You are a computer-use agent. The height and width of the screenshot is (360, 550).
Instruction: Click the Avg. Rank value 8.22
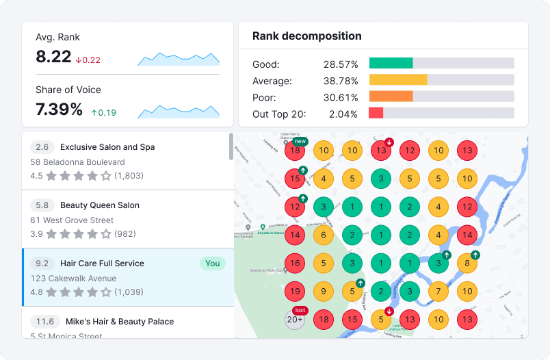[53, 57]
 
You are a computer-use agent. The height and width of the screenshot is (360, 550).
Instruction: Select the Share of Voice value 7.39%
[59, 110]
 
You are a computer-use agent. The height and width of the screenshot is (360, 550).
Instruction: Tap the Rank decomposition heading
[307, 36]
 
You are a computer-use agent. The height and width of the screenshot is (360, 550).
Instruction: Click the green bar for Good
[391, 63]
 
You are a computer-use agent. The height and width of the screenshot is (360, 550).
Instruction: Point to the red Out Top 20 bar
[376, 113]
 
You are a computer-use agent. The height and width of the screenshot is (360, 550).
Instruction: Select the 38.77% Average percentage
[341, 81]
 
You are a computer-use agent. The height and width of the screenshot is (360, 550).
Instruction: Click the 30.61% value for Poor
[341, 97]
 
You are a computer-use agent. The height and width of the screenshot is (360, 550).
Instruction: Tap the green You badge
[212, 263]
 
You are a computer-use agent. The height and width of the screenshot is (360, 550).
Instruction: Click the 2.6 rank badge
[42, 147]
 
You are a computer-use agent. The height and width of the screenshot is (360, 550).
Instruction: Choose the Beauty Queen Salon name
[99, 205]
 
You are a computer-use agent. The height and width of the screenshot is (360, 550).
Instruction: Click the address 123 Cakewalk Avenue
[73, 279]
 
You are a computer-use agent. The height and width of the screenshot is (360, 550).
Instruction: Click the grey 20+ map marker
[295, 320]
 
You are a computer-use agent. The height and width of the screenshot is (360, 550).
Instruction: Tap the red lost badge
[300, 310]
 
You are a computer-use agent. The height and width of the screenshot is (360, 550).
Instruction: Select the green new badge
[300, 141]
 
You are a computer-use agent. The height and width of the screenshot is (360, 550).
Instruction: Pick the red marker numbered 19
[295, 292]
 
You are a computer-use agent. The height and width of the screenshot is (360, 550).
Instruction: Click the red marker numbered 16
[295, 263]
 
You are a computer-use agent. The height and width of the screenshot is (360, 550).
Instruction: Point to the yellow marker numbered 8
[467, 263]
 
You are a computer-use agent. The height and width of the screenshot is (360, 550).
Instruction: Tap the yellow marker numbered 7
[438, 292]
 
